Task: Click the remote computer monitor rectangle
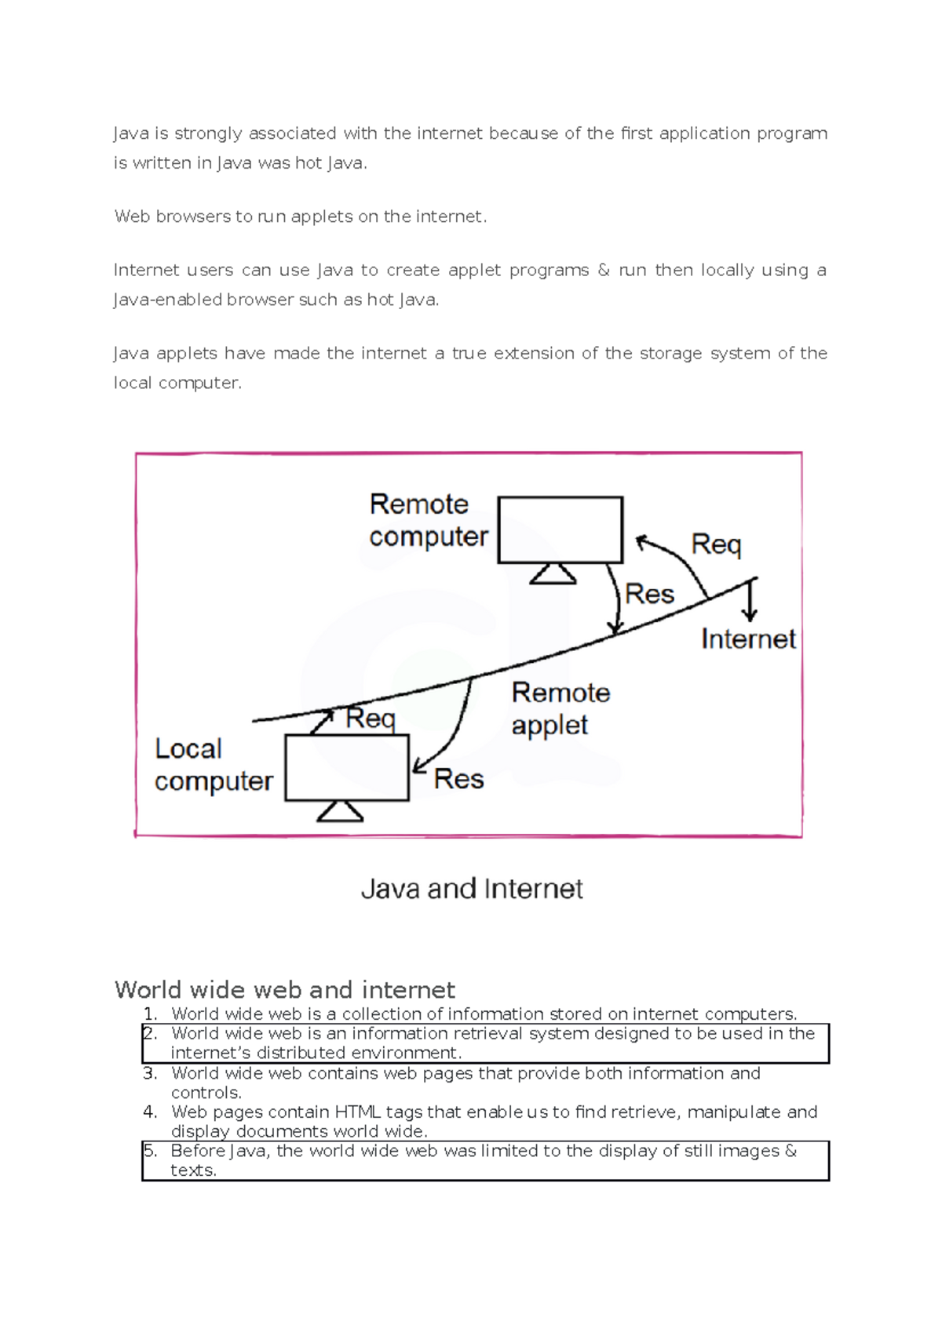560,530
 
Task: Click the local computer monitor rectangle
346,767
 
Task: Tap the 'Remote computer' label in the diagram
428,520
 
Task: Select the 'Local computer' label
213,765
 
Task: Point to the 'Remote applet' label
560,708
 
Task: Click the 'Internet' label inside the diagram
747,639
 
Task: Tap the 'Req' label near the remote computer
715,544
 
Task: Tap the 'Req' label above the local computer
370,718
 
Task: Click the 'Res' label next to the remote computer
649,594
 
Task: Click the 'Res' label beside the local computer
458,779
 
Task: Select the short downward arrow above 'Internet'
750,600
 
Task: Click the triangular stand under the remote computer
553,574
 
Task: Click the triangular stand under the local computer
340,811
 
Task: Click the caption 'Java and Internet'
472,889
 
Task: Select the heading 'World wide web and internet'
284,989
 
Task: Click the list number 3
150,1073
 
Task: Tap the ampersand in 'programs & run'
603,270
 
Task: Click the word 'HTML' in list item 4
358,1112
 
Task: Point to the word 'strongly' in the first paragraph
208,133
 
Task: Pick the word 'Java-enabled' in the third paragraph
167,300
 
